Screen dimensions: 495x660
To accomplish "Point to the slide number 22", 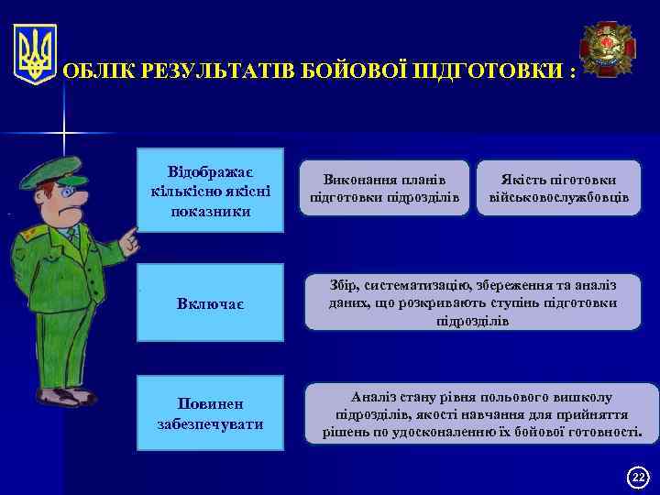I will (x=639, y=476).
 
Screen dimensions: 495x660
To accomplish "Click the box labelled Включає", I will (x=210, y=302).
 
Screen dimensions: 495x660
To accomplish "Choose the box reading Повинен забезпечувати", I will (x=210, y=414).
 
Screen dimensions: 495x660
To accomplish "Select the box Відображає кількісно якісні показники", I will (x=210, y=189).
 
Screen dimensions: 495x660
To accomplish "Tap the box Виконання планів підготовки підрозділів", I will (x=386, y=189).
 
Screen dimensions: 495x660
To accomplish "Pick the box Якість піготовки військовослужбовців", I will (x=559, y=189).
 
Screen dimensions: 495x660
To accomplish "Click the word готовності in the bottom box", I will (x=599, y=431).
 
